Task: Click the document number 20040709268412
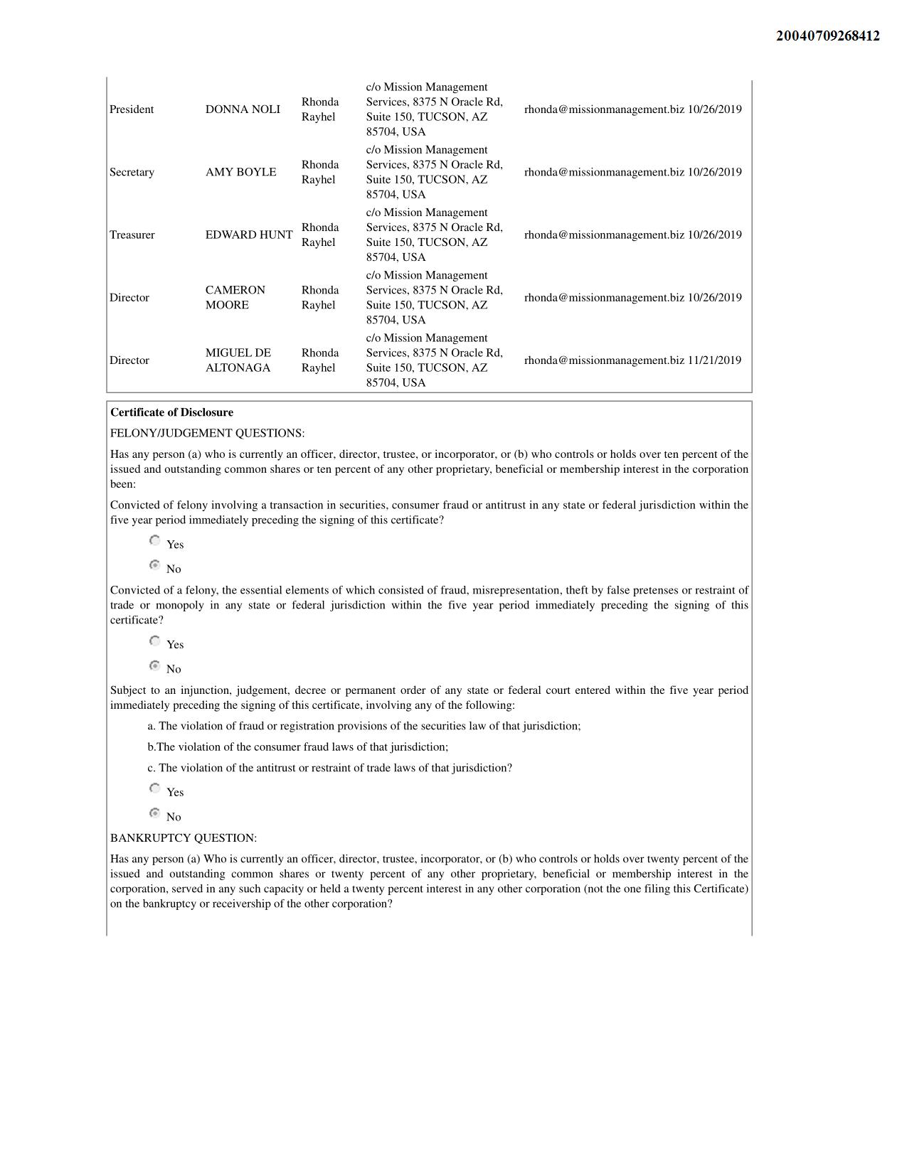click(827, 36)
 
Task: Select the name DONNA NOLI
click(243, 109)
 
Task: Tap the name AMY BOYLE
click(240, 172)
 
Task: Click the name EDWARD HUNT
click(249, 235)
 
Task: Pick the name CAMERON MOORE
click(235, 298)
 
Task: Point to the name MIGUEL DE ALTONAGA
click(238, 360)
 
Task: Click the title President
click(132, 109)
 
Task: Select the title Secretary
click(132, 172)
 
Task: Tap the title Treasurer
click(132, 235)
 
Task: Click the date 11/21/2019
click(714, 360)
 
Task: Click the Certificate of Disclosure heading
click(171, 412)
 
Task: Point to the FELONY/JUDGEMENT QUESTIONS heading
click(207, 433)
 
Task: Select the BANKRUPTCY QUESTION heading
click(184, 838)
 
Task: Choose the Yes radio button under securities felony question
click(154, 541)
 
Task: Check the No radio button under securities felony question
click(154, 565)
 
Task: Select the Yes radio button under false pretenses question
click(154, 641)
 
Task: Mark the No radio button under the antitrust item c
click(154, 813)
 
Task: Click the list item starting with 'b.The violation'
click(298, 747)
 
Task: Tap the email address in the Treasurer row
click(604, 235)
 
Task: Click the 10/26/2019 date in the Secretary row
click(714, 172)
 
